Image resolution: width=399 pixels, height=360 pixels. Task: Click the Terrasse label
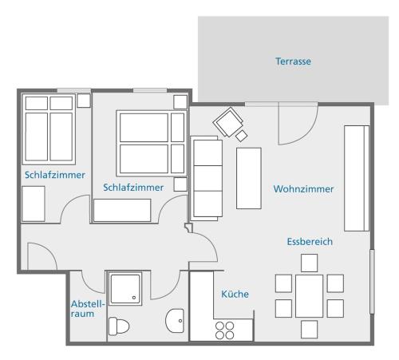coord(293,61)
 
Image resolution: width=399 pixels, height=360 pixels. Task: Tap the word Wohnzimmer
coord(303,189)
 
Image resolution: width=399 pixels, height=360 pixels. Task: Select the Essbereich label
coord(310,242)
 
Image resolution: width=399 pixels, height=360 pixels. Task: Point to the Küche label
coord(235,294)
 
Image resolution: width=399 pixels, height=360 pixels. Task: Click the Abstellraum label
coord(88,309)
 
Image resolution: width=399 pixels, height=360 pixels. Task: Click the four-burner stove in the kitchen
coord(225,330)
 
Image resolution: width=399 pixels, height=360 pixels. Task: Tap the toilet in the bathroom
coord(119,326)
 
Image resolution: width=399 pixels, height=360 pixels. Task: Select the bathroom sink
coord(175,321)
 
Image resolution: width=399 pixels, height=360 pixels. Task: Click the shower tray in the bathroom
coord(125,289)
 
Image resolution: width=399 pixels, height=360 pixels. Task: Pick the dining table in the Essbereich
coord(309,296)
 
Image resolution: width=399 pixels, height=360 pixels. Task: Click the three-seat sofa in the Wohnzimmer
coord(207,179)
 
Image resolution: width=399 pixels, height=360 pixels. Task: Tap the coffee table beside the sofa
coord(249,178)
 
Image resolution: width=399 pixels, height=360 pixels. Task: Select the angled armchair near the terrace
coord(229,122)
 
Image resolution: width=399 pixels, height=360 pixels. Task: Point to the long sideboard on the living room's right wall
coord(357,178)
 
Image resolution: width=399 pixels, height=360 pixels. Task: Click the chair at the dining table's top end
coord(309,263)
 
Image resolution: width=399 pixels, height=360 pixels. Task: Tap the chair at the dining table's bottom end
coord(309,330)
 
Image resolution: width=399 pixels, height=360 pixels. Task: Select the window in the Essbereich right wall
coord(372,282)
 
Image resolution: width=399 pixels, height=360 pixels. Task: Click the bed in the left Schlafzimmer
coord(49,129)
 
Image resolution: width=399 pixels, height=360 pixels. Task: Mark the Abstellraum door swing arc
coord(88,287)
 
